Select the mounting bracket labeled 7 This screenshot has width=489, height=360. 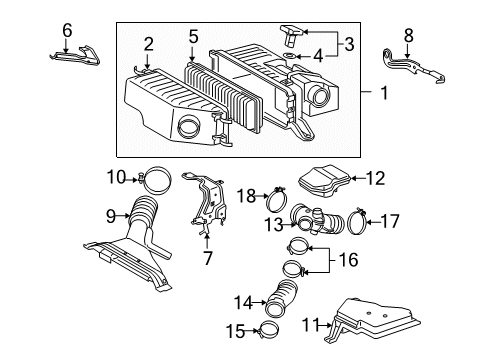207,208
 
